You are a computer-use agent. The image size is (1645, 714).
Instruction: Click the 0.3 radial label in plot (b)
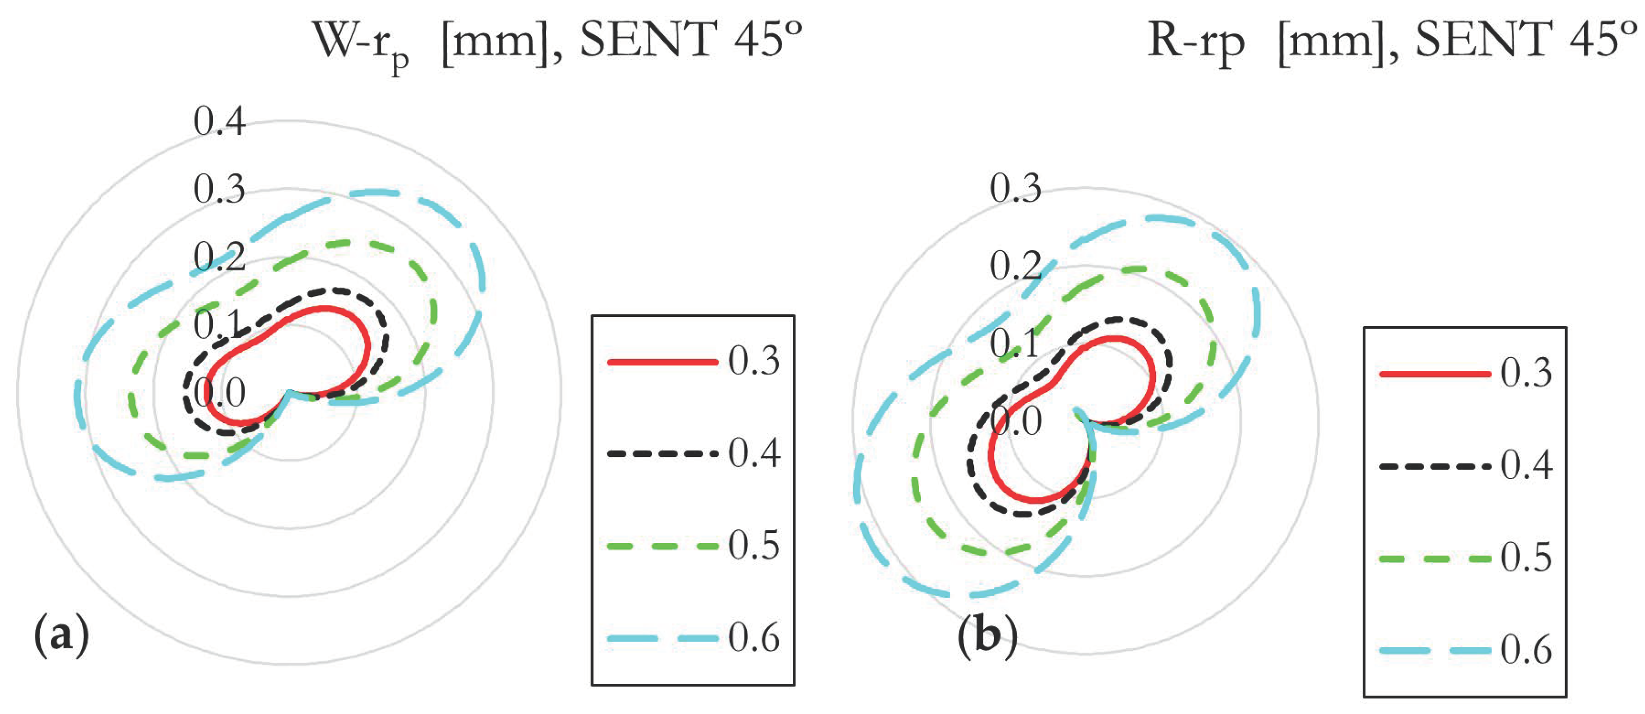click(x=1015, y=188)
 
